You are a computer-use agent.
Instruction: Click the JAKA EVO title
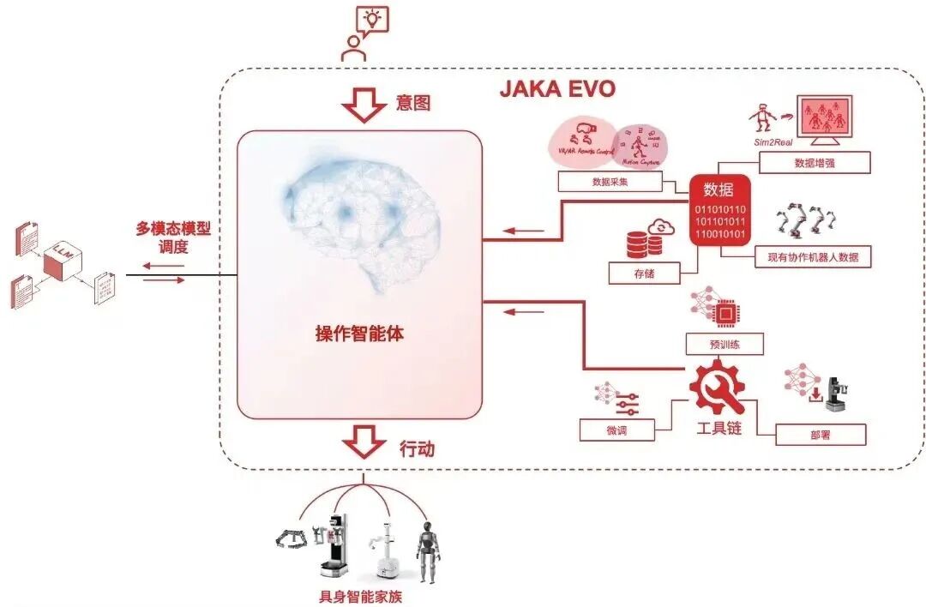(x=557, y=89)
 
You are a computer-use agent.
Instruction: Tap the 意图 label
(x=412, y=104)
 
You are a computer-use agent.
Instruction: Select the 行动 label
(x=418, y=448)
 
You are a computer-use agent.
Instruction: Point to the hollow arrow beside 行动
(x=364, y=444)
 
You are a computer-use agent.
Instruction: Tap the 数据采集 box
(x=610, y=182)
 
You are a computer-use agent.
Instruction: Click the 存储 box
(x=645, y=273)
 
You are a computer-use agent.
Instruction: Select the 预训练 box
(x=725, y=345)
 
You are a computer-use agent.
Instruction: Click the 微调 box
(x=616, y=430)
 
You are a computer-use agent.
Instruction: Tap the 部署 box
(x=820, y=435)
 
